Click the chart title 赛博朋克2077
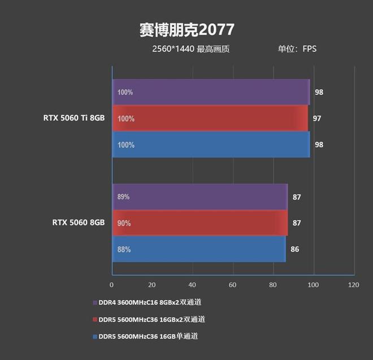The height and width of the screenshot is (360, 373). click(x=186, y=29)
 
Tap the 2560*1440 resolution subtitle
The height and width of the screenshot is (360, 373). click(x=190, y=49)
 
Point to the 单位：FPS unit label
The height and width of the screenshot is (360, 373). click(x=297, y=49)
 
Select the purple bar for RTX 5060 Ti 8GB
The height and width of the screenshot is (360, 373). click(x=211, y=92)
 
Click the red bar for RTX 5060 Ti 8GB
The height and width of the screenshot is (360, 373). click(x=210, y=119)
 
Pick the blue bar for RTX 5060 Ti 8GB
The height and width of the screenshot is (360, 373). click(x=211, y=145)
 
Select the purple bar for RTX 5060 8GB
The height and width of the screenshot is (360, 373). click(x=200, y=197)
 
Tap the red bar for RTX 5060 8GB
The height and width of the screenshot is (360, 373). click(x=200, y=223)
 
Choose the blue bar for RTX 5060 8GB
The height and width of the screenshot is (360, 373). click(x=199, y=249)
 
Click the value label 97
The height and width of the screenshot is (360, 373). click(x=317, y=119)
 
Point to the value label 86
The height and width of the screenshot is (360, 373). click(x=294, y=249)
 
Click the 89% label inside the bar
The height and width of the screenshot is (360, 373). click(x=124, y=197)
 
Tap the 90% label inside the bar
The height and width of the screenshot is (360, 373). click(x=124, y=223)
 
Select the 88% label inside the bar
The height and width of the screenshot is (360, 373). click(x=124, y=249)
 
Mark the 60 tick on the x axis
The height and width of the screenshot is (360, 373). click(x=233, y=285)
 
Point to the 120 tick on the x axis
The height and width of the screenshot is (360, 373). click(x=354, y=285)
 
